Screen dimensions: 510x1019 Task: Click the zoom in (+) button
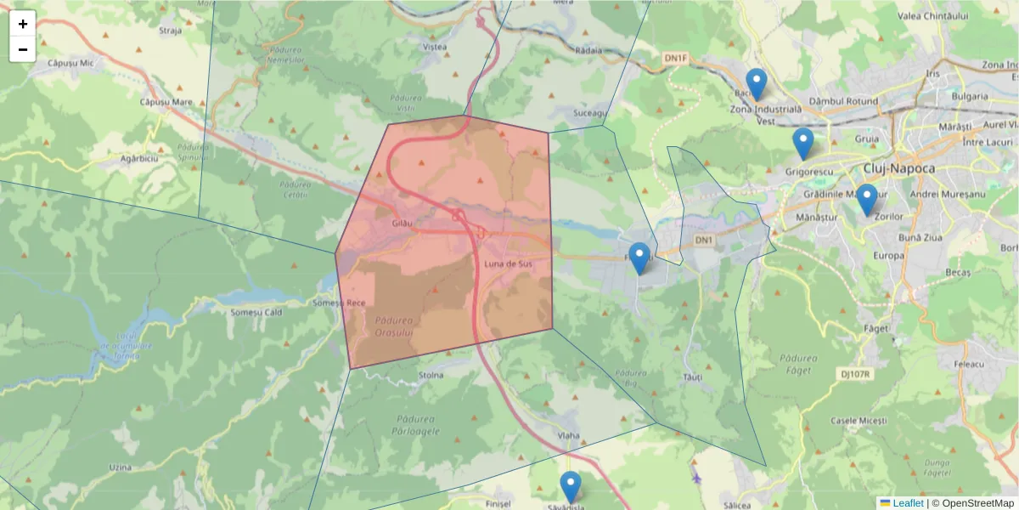pos(23,24)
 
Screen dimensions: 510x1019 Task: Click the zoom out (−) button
pos(23,49)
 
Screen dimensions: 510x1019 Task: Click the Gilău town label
pos(402,223)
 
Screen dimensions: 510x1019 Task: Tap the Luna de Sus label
pos(506,264)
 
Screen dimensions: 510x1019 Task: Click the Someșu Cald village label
pos(256,312)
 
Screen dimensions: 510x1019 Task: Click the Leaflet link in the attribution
pos(908,503)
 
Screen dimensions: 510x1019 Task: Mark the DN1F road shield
pos(674,57)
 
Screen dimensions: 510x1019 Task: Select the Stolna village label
pos(431,375)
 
